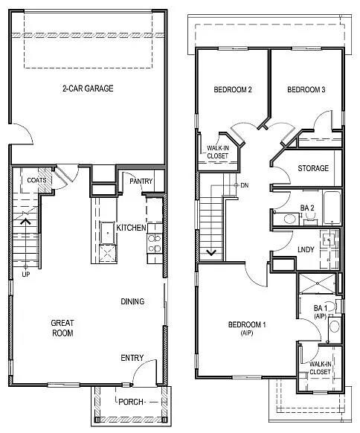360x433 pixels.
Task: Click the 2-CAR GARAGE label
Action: click(88, 89)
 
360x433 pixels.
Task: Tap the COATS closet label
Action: click(37, 180)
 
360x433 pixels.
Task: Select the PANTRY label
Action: click(141, 181)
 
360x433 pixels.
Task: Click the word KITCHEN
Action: click(131, 228)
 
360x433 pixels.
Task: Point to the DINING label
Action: click(132, 301)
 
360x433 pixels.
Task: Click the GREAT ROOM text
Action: click(61, 328)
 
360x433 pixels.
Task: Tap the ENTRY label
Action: click(132, 358)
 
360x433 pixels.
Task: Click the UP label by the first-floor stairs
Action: click(27, 274)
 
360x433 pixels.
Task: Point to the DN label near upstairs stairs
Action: click(244, 185)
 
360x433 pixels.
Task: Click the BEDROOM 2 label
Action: click(233, 90)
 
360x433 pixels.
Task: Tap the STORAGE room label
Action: click(313, 168)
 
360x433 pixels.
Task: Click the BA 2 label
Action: click(306, 208)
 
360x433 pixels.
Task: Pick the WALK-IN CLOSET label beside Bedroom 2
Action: click(213, 151)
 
